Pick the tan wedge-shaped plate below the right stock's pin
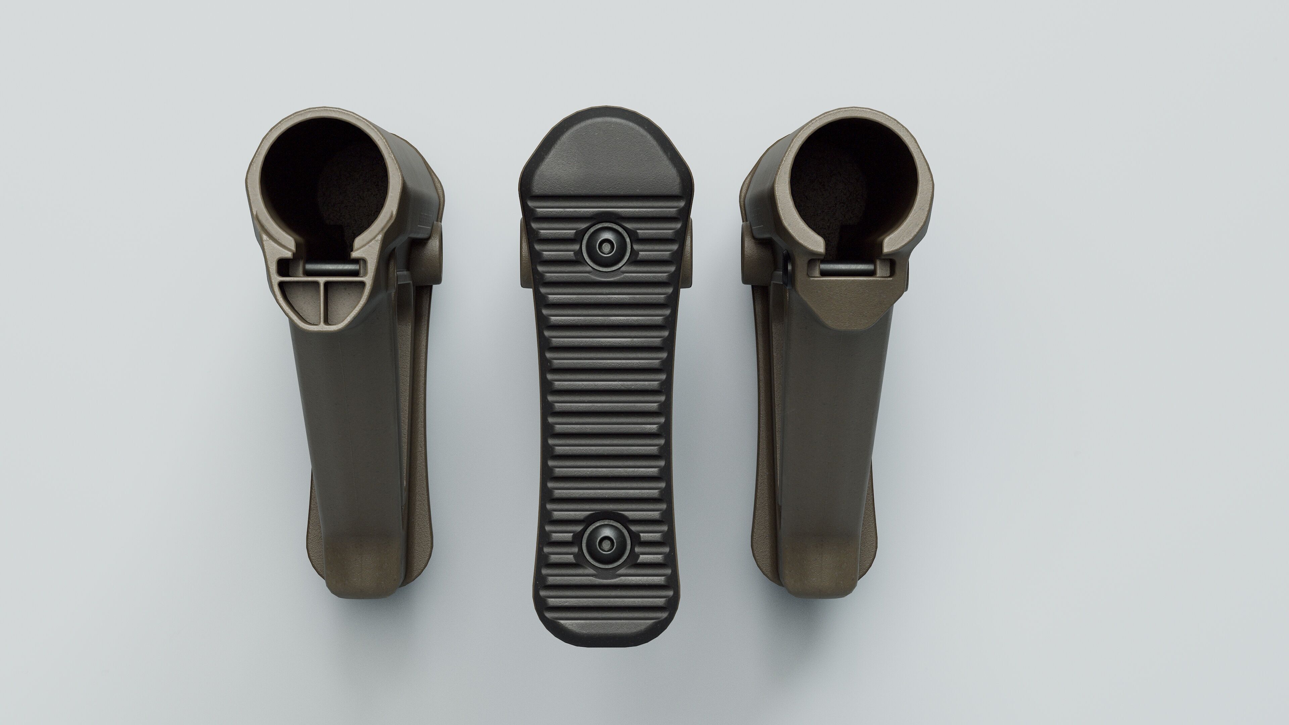click(851, 300)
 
